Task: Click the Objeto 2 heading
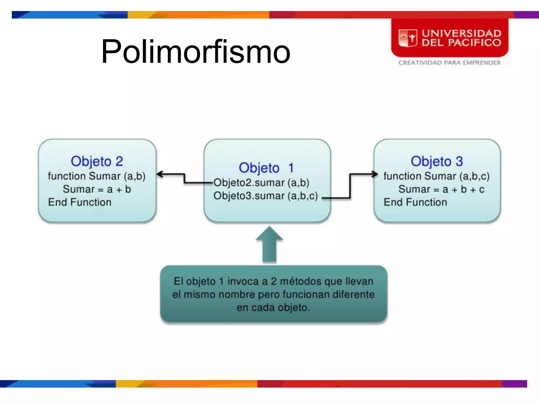pyautogui.click(x=97, y=161)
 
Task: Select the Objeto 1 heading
pyautogui.click(x=266, y=168)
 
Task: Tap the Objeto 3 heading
pyautogui.click(x=437, y=161)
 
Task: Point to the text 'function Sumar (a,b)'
pyautogui.click(x=97, y=176)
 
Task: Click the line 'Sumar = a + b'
pyautogui.click(x=97, y=189)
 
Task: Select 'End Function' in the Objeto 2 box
pyautogui.click(x=80, y=202)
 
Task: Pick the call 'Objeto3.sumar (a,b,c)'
pyautogui.click(x=266, y=196)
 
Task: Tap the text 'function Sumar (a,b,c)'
pyautogui.click(x=436, y=176)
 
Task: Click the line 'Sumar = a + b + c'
pyautogui.click(x=441, y=189)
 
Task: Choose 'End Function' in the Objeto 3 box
pyautogui.click(x=415, y=202)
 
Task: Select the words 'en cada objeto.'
pyautogui.click(x=273, y=307)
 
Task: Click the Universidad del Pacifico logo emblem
pyautogui.click(x=407, y=38)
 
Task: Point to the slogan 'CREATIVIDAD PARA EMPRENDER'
pyautogui.click(x=450, y=63)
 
